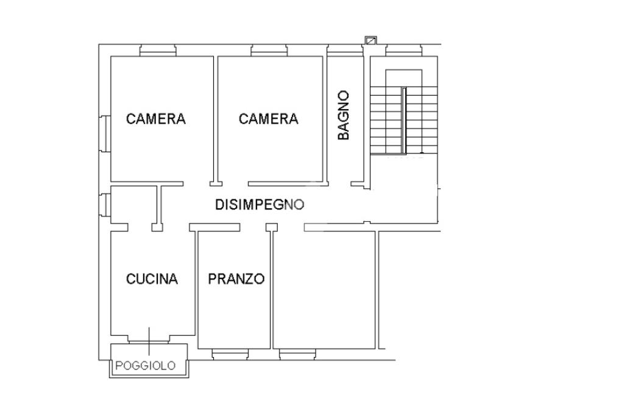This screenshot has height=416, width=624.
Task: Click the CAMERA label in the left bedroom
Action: click(155, 119)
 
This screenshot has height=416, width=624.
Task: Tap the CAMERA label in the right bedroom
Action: click(268, 119)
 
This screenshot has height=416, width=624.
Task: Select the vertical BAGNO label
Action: click(343, 115)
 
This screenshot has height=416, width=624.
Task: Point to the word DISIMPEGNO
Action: click(260, 205)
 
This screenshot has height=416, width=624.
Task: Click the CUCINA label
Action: click(152, 279)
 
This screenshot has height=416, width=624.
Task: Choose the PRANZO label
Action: click(236, 279)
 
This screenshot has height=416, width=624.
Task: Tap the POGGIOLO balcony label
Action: click(145, 365)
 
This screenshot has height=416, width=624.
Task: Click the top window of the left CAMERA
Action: click(158, 50)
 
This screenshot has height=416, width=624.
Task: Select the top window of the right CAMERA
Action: click(269, 50)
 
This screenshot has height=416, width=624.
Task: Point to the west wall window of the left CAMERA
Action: click(105, 133)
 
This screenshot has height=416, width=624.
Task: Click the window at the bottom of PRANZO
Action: click(230, 354)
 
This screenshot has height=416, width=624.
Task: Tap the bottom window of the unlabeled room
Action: click(297, 354)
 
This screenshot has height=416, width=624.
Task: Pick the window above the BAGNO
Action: click(345, 50)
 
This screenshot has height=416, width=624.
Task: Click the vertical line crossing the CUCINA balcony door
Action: click(149, 341)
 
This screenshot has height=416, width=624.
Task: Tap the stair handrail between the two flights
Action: click(404, 121)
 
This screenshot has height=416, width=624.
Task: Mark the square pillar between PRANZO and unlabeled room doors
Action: click(272, 227)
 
